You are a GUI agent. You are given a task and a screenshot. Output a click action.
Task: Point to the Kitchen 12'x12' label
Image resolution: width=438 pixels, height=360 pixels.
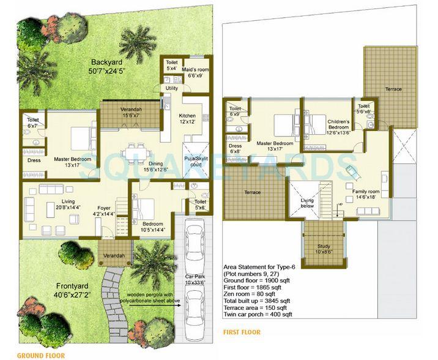pos(187,119)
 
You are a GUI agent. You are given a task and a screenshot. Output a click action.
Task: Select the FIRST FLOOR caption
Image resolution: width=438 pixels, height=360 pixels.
pos(242,332)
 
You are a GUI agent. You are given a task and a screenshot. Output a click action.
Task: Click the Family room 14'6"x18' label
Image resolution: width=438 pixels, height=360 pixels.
pos(366,195)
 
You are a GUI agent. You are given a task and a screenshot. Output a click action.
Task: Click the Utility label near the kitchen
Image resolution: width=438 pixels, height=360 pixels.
pos(171,88)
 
